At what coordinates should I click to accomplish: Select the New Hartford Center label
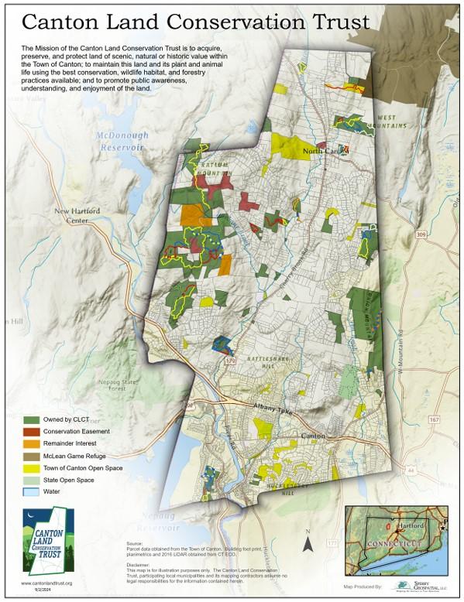[x=72, y=215]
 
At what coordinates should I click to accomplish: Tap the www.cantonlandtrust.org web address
[x=46, y=583]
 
